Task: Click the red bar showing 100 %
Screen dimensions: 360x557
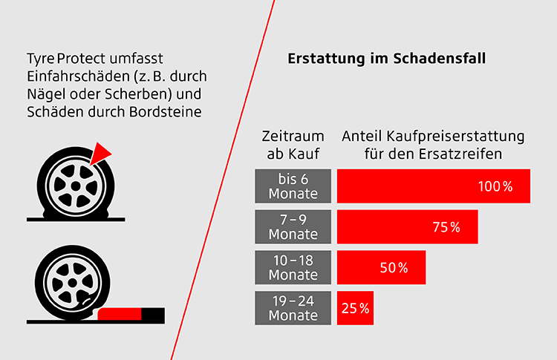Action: [x=433, y=186]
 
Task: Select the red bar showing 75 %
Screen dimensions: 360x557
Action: [x=407, y=227]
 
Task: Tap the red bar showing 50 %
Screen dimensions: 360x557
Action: [x=381, y=267]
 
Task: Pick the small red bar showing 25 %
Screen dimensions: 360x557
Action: [x=355, y=308]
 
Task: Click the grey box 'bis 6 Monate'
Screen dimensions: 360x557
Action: [x=293, y=186]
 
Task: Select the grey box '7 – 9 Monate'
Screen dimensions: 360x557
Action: [x=293, y=227]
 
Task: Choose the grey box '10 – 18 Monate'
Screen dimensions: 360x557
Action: [x=293, y=267]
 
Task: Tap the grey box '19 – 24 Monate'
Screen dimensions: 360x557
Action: [x=293, y=308]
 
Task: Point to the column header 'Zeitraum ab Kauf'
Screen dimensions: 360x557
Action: [x=293, y=145]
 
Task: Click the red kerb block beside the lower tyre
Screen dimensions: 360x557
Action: [x=120, y=313]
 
